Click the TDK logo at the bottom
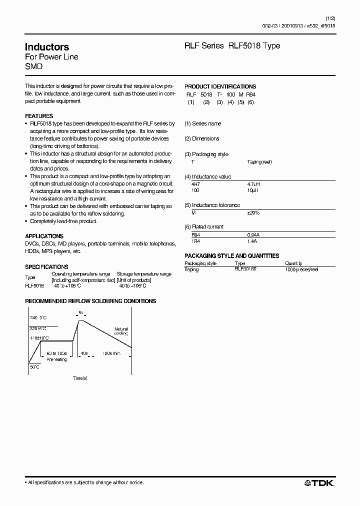coord(320,482)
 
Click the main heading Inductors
coord(47,47)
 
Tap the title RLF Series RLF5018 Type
coord(232,45)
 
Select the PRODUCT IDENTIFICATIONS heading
coord(220,86)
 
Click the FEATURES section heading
coord(39,116)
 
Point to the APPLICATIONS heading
coord(44,236)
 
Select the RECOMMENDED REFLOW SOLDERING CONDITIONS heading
coord(90,301)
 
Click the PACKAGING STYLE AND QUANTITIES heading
coord(231,256)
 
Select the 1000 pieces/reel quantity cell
coord(301,269)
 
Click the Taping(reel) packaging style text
coord(259,162)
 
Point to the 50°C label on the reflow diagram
coord(34,367)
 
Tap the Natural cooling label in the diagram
coord(120,331)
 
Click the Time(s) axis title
coord(80,378)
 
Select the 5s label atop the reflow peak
coord(80,312)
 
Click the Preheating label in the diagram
coord(56,359)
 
